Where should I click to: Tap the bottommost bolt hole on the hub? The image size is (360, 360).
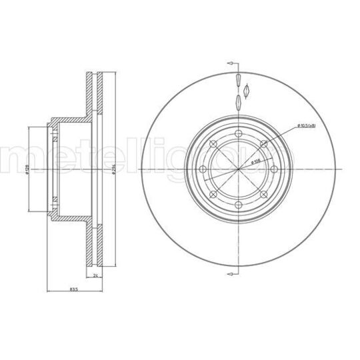point(239,205)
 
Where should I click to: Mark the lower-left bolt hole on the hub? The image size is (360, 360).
point(213,195)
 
